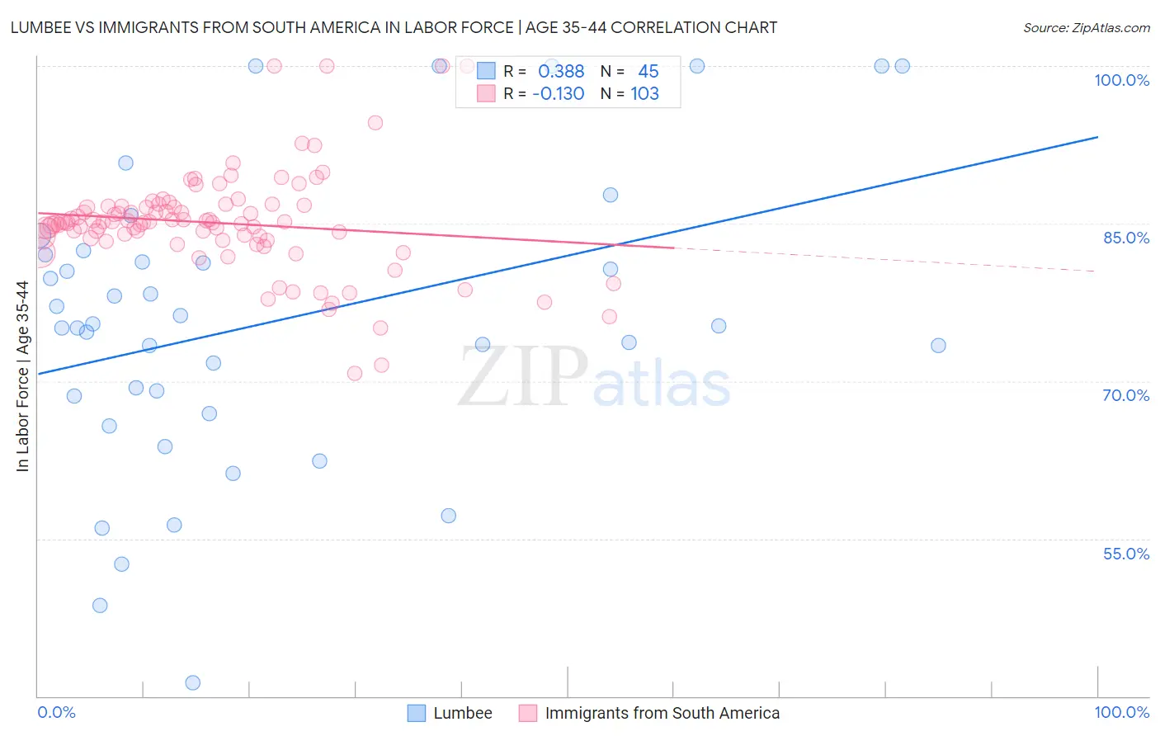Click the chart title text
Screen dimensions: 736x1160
(x=393, y=28)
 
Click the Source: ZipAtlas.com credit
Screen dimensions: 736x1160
(x=1086, y=28)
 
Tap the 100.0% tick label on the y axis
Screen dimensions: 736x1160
(x=1121, y=80)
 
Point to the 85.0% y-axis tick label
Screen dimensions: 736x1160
(x=1125, y=238)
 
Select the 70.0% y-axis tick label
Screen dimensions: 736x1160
(x=1125, y=395)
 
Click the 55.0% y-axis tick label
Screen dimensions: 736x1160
(x=1125, y=554)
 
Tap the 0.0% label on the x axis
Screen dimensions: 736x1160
(x=56, y=712)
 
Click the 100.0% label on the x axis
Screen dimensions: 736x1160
(x=1121, y=712)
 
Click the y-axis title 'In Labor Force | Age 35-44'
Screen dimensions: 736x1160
(x=23, y=376)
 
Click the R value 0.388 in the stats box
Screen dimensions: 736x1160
(x=561, y=72)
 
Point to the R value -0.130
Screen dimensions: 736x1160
(x=559, y=94)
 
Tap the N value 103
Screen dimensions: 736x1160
(x=644, y=94)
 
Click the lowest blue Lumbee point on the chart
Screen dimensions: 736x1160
(x=193, y=682)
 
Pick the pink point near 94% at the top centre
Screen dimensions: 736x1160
(x=375, y=123)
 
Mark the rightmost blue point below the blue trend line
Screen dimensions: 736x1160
(x=938, y=346)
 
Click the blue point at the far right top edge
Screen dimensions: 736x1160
(x=902, y=66)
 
